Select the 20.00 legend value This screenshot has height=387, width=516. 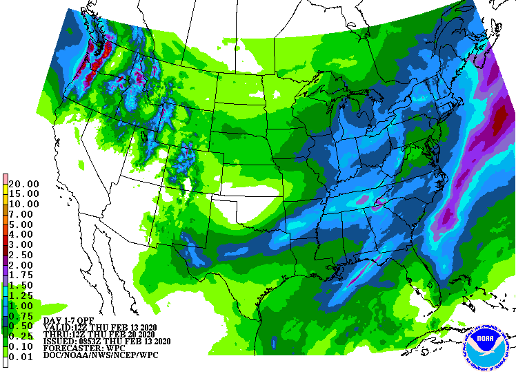tap(24, 184)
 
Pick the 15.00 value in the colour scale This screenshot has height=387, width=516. tap(24, 194)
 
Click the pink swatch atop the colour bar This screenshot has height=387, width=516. tap(6, 179)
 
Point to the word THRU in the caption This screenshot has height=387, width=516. tap(56, 334)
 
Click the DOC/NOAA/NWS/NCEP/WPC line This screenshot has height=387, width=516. tap(100, 355)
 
